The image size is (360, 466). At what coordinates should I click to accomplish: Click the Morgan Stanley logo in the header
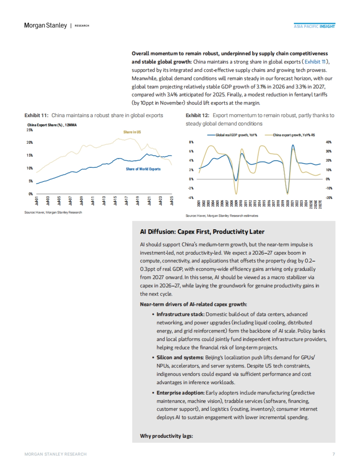45,25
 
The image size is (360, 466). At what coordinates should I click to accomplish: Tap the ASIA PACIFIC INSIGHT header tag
314,26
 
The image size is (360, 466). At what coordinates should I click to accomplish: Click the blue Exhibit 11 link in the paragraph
315,62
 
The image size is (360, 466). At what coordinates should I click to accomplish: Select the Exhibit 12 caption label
197,115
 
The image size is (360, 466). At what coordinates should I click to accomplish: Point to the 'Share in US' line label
132,132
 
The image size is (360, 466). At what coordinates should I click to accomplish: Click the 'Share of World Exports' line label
143,169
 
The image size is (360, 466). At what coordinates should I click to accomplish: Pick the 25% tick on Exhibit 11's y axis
29,130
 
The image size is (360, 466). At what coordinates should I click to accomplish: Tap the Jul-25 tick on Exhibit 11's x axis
172,201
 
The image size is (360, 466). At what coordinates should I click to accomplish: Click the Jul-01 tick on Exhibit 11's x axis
37,201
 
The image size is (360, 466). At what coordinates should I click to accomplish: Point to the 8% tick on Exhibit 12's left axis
191,142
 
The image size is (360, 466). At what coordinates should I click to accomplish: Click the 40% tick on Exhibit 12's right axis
328,142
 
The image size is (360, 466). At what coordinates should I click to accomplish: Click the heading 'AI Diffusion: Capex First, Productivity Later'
202,232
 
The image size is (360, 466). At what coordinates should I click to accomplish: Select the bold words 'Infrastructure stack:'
180,314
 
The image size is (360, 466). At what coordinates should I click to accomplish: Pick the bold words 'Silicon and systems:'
180,358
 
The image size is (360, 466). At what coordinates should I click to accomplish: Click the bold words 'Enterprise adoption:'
180,393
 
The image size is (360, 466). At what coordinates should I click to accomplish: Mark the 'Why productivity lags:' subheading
166,436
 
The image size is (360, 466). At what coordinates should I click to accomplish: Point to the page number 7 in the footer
334,454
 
